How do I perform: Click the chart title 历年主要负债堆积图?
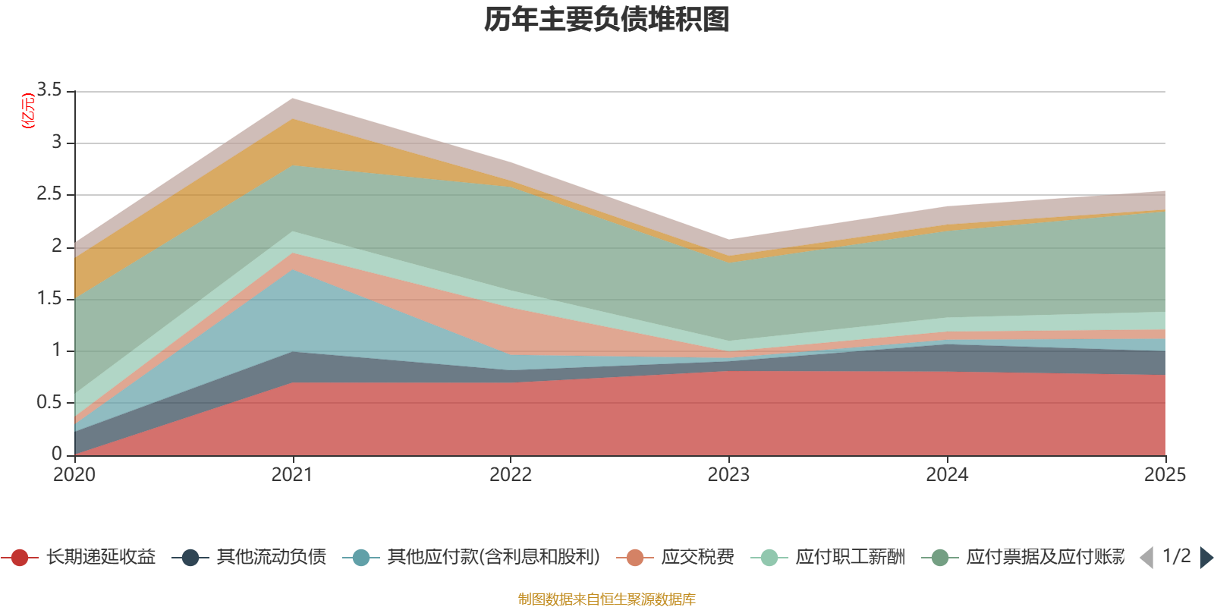pos(607,20)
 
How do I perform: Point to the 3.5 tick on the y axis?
pos(49,90)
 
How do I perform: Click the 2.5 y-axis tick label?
pos(49,194)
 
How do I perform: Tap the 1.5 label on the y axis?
pos(49,298)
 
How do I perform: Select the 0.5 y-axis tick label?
pos(49,402)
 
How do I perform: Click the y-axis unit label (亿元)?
pos(29,111)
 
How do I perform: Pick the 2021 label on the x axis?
pos(292,475)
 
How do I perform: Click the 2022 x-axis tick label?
pos(511,475)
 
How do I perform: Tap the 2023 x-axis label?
pos(728,475)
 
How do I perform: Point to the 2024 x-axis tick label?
pos(947,475)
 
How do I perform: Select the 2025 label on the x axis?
pos(1164,475)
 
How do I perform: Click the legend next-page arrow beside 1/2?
pos(1206,558)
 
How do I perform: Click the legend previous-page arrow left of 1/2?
pos(1146,558)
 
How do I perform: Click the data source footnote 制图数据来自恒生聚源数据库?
pos(607,599)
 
